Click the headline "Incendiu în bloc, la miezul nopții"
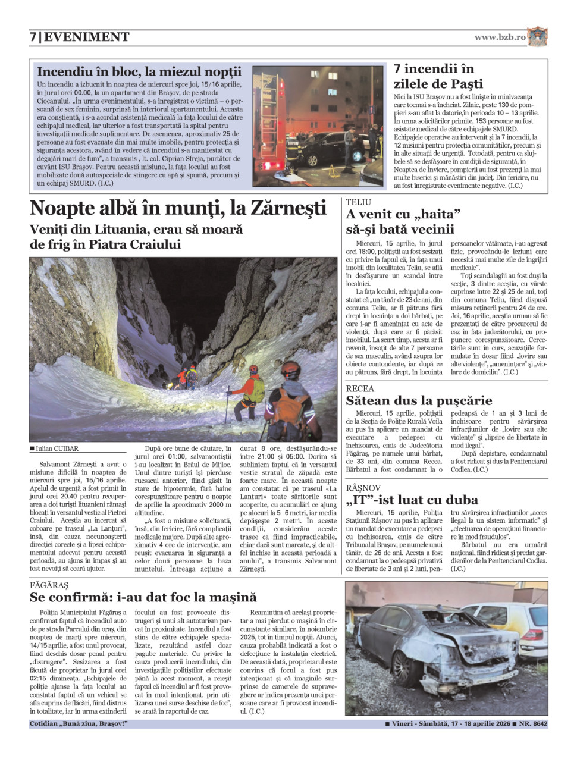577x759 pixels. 139,72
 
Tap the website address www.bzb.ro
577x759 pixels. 500,37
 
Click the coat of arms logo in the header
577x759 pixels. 537,36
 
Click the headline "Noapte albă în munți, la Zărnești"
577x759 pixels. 178,208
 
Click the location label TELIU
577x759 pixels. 358,202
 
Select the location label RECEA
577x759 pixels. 360,388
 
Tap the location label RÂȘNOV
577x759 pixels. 363,488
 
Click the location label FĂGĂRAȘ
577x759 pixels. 49,585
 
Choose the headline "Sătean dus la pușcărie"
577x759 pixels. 419,400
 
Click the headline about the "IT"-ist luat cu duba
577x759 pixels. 412,500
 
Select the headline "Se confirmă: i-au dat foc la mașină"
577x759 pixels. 143,597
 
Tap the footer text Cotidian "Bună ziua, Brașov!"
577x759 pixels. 78,724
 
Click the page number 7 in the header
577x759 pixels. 33,37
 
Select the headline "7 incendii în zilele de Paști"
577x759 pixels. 438,76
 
